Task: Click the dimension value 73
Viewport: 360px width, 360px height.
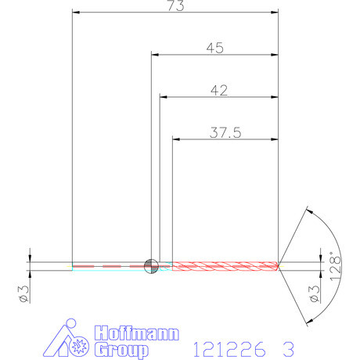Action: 176,5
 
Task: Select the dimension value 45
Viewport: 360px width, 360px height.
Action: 215,48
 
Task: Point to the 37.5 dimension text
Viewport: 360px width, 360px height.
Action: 225,132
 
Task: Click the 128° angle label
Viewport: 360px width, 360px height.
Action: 335,265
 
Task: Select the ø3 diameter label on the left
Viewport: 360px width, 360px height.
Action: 23,293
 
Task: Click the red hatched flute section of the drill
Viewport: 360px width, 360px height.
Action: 225,266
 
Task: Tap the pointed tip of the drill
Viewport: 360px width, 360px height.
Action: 279,266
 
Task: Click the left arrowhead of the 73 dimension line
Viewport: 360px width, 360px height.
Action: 74,13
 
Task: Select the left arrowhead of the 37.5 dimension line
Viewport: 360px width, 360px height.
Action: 175,139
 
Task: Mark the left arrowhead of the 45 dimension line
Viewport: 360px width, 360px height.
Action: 154,55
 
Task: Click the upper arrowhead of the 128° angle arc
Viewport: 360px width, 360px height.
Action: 310,210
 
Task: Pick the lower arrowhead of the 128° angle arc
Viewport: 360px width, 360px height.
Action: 310,322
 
